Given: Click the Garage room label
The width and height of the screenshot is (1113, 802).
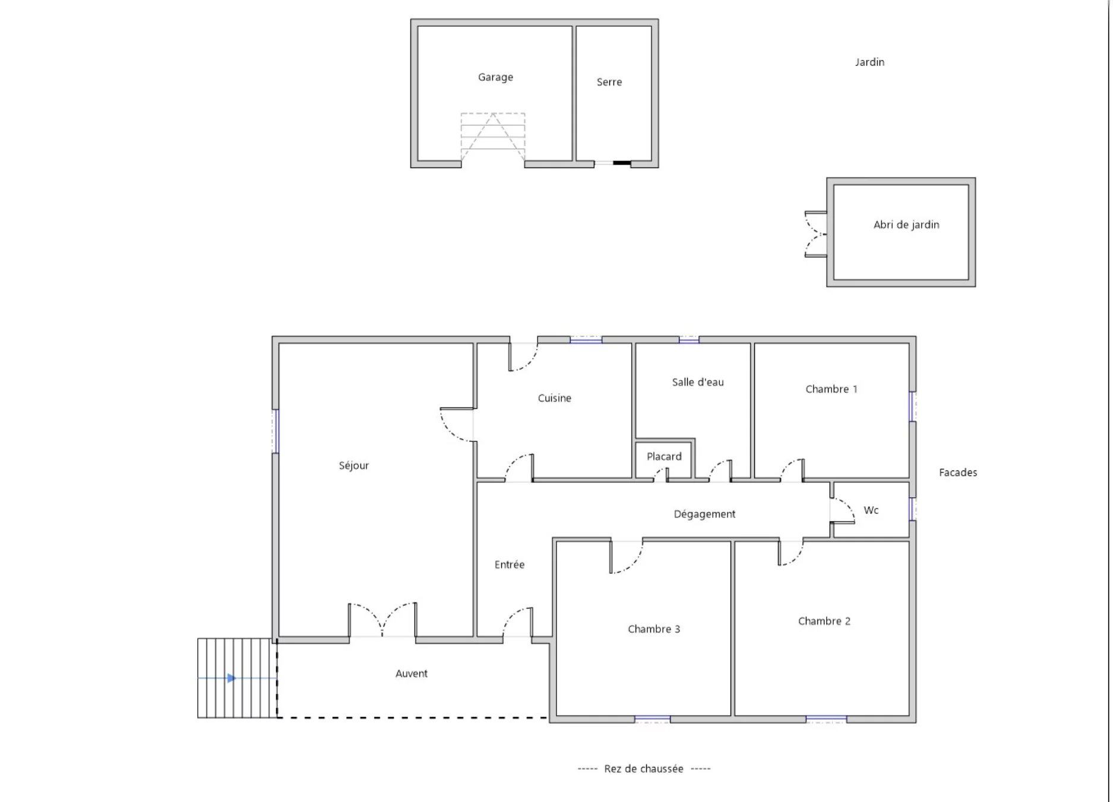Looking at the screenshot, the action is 495,77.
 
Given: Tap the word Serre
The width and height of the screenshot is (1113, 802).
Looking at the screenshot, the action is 609,82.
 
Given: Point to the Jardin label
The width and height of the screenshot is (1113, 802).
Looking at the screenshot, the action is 869,62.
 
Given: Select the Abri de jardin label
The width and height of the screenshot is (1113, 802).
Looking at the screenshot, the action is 906,225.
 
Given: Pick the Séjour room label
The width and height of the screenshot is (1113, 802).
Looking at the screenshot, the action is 354,465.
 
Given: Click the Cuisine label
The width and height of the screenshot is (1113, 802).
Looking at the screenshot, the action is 555,398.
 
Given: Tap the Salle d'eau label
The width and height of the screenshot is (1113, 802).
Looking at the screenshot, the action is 698,382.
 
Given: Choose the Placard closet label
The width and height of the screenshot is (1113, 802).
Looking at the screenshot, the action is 664,456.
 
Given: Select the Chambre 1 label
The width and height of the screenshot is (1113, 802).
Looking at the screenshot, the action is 831,389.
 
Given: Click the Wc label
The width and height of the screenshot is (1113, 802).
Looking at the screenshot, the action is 871,510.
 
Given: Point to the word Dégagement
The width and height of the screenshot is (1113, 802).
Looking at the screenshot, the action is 704,514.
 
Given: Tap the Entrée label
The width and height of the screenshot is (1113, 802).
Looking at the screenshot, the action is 510,564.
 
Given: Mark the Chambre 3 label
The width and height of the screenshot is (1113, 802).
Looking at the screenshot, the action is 654,629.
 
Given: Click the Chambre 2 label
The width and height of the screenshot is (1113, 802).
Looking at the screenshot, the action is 824,621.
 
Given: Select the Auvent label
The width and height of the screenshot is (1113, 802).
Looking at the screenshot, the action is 412,674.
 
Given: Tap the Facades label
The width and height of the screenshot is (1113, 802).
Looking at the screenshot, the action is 958,473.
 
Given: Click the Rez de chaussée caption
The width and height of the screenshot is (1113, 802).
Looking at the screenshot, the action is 644,769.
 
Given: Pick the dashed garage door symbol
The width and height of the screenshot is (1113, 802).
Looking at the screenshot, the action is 493,137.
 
